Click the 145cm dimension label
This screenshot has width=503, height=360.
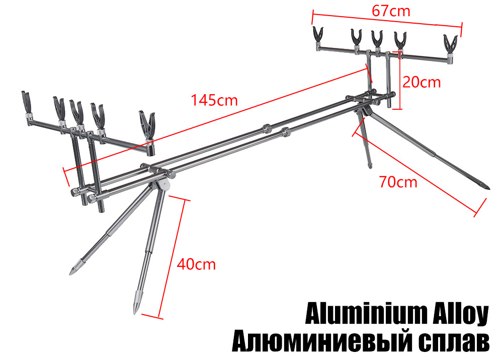pyautogui.click(x=214, y=100)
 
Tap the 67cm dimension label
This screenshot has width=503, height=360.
pyautogui.click(x=391, y=11)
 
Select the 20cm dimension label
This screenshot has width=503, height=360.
pyautogui.click(x=422, y=82)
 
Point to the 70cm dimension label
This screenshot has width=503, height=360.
pyautogui.click(x=398, y=182)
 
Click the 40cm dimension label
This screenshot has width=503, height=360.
pyautogui.click(x=196, y=264)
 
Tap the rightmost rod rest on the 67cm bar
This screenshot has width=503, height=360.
pyautogui.click(x=450, y=48)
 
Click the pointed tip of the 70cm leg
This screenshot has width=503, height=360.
pyautogui.click(x=489, y=188)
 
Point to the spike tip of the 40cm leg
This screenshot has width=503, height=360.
pyautogui.click(x=135, y=313)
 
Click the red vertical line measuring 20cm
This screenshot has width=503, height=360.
pyautogui.click(x=400, y=80)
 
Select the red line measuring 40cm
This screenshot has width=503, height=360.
pyautogui.click(x=172, y=258)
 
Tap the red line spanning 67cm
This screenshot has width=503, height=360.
pyautogui.click(x=387, y=21)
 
